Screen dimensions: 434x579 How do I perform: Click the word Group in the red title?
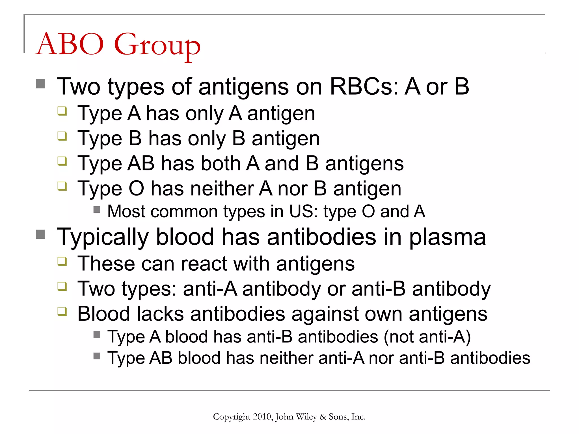pos(157,45)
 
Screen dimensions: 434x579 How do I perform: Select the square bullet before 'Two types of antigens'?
pos(41,84)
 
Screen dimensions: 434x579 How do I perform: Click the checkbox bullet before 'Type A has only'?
pos(62,111)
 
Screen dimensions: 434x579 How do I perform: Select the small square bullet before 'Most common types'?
pos(97,209)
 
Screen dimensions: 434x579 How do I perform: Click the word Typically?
pos(102,237)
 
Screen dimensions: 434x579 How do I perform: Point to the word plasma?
pos(447,237)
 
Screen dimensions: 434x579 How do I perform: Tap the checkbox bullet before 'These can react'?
pos(62,261)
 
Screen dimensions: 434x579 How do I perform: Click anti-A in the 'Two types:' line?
pos(210,289)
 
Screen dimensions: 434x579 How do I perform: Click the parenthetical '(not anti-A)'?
pos(427,337)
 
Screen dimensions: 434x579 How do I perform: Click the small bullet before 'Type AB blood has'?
pos(97,356)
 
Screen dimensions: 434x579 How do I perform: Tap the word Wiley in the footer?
pos(306,417)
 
